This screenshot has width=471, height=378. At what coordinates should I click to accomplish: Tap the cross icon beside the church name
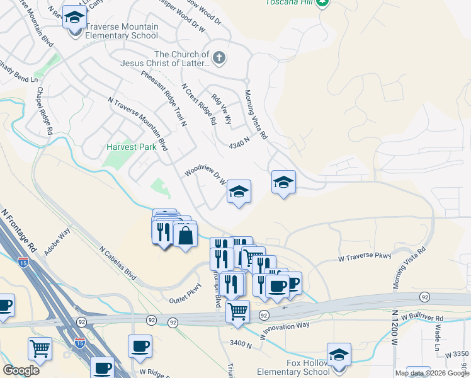pos(219,59)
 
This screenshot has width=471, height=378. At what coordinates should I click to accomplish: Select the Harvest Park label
pos(131,147)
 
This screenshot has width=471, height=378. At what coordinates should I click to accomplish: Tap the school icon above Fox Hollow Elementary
pos(339,355)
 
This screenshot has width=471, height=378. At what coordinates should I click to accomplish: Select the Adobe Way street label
pos(57,241)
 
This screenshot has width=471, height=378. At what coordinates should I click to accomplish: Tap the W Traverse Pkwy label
pos(365,256)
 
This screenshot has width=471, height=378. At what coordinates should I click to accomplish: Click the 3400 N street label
pos(241,344)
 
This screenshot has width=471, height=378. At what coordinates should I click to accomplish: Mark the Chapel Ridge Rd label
pos(43,112)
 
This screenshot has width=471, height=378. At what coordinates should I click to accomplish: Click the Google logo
pos(21,370)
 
